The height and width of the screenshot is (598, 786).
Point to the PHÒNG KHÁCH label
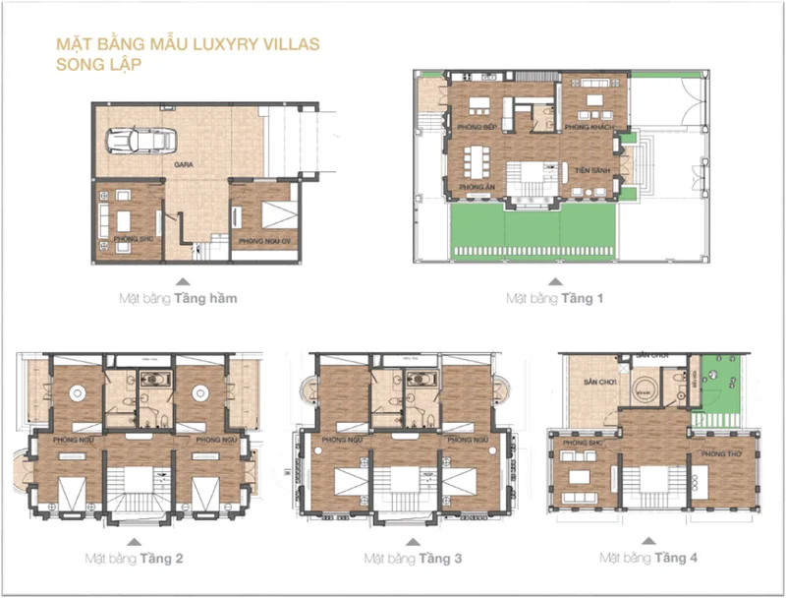point(589,128)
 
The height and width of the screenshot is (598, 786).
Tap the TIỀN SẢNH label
point(589,169)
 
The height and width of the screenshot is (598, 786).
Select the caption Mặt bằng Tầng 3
point(413,558)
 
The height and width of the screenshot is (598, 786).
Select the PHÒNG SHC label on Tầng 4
point(581,443)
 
